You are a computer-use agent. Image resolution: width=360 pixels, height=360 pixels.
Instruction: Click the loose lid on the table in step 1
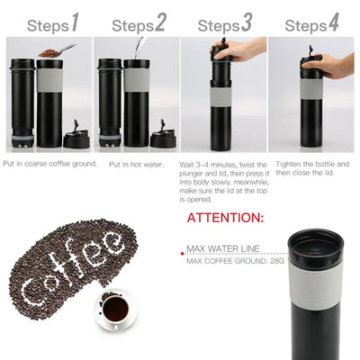click(x=75, y=139)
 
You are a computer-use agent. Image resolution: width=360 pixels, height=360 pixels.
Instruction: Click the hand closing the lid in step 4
click(x=333, y=64)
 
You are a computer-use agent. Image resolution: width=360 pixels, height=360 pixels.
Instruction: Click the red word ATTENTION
click(x=225, y=218)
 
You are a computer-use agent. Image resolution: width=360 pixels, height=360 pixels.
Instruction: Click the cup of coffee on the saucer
click(x=114, y=310)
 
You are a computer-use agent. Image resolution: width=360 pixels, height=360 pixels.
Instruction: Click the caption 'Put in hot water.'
click(x=139, y=165)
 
